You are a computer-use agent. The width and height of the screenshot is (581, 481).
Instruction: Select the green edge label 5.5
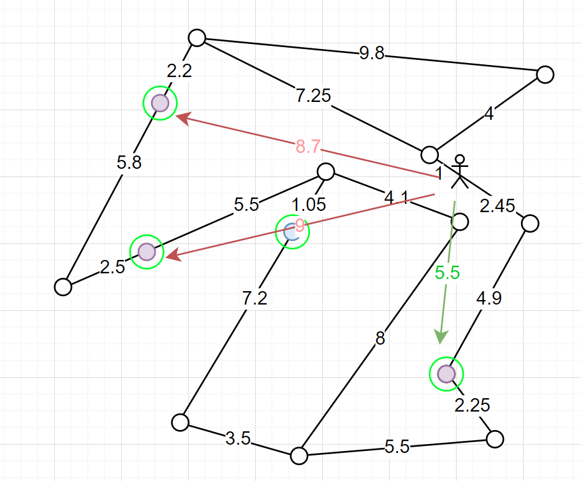point(447,273)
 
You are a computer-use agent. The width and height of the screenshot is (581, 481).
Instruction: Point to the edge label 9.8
point(372,54)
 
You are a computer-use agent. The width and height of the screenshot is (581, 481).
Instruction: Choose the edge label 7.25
point(313,96)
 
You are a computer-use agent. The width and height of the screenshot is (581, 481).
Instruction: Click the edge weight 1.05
point(309,205)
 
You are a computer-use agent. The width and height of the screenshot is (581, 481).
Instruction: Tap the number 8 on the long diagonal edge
point(380,339)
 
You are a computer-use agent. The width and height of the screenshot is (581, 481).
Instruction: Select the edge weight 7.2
point(254,299)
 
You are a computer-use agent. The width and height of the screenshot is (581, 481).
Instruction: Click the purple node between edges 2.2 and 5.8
point(160,103)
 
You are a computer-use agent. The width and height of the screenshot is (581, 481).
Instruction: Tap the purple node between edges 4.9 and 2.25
point(446,373)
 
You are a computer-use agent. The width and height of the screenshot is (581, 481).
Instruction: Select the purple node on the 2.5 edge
point(147,252)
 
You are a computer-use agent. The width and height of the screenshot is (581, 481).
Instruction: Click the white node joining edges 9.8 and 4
point(545,75)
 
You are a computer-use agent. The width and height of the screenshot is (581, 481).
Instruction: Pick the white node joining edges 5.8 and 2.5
point(63,287)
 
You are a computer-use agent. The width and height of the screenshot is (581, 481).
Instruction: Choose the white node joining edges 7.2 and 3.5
point(180,422)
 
